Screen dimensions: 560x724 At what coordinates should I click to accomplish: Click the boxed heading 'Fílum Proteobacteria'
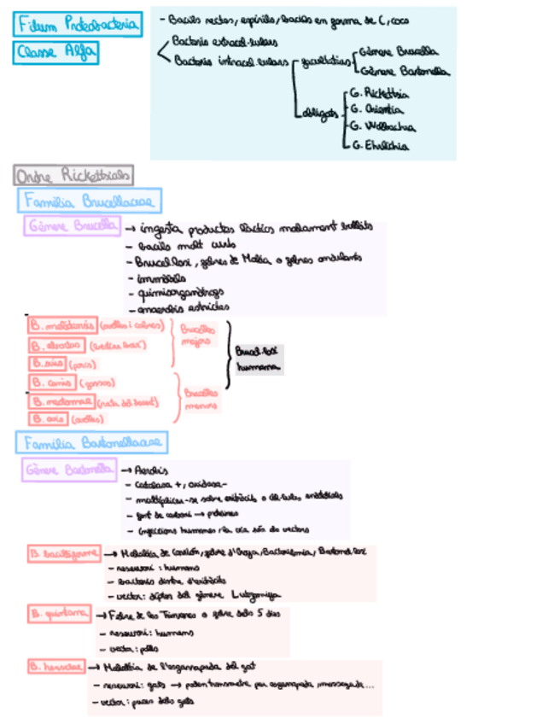point(78,26)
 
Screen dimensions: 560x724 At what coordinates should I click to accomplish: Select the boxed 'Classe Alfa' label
point(56,54)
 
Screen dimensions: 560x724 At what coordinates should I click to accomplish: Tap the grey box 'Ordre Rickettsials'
point(73,177)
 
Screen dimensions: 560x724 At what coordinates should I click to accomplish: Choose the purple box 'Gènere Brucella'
point(71,228)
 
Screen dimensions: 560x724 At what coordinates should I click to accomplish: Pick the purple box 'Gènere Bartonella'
point(69,470)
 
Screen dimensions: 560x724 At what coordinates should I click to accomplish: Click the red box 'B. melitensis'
point(61,326)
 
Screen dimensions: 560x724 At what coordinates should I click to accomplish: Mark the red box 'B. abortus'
point(55,346)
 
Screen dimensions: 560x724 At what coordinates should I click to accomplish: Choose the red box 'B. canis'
point(52,382)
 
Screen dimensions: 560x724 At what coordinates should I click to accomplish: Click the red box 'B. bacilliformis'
point(65,553)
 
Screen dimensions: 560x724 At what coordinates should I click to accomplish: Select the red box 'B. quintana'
point(58,613)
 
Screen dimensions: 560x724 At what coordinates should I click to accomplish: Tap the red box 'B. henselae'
point(55,665)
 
